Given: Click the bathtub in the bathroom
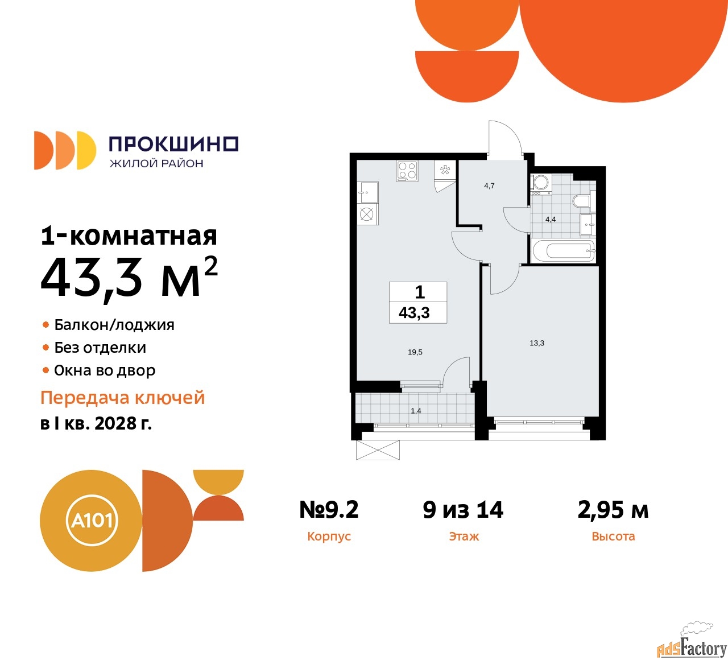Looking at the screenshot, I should coord(562,250).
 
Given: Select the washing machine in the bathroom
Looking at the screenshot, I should coord(540,183).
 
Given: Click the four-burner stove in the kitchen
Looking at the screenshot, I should coord(407,171).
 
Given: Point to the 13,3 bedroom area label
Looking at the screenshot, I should coord(537,343).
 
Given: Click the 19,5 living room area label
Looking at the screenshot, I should coord(415,352).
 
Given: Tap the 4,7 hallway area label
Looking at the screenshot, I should coord(489,186).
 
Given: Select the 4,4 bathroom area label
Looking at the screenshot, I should coord(551,219).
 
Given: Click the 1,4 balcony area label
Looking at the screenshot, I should coord(416,411).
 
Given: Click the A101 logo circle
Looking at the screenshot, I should coord(91,520).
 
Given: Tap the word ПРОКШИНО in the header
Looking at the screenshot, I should coord(173,144).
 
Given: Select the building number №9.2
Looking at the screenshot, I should coord(329,510).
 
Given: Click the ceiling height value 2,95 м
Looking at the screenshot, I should coord(613,510).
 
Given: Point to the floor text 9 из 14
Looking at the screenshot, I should coord(463,510).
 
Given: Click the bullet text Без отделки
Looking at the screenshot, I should coord(100,348).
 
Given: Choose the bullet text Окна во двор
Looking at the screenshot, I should coord(105,370).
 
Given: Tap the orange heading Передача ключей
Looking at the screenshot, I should coord(122,398).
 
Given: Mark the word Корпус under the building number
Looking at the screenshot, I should coord(329,537).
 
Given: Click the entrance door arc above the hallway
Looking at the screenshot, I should coord(506,135).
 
